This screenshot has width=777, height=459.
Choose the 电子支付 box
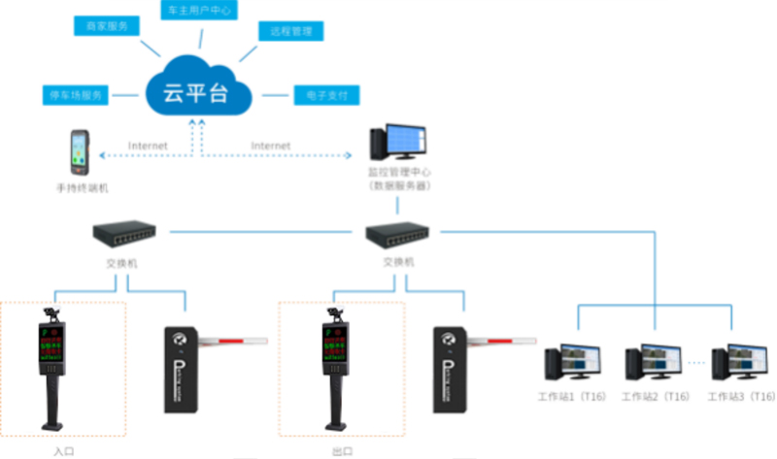pyautogui.click(x=325, y=96)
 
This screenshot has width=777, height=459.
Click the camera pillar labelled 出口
pyautogui.click(x=336, y=369)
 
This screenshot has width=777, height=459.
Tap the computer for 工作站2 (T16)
pyautogui.click(x=653, y=364)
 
